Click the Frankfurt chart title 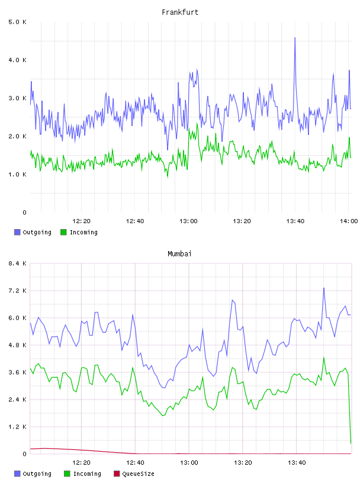click(x=180, y=12)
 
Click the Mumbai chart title click(x=179, y=253)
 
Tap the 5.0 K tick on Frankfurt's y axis click(x=17, y=22)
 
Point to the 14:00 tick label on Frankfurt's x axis click(x=349, y=221)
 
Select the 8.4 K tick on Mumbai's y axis click(x=17, y=263)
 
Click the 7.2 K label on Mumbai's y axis click(x=17, y=291)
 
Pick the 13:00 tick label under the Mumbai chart click(x=189, y=462)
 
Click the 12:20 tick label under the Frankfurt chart click(x=81, y=221)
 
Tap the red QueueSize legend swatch click(x=117, y=474)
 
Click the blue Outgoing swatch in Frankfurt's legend click(x=17, y=232)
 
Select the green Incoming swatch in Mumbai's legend click(x=67, y=474)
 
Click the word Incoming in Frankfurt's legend click(x=83, y=232)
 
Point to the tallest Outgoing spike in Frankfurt click(x=295, y=38)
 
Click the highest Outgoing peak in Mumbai click(x=324, y=288)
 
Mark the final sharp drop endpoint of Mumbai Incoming click(x=351, y=443)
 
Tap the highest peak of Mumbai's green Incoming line click(x=324, y=358)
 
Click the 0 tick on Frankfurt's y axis click(x=24, y=212)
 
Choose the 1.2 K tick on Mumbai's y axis click(x=17, y=427)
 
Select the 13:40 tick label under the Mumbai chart click(x=297, y=462)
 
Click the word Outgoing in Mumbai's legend click(x=37, y=474)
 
